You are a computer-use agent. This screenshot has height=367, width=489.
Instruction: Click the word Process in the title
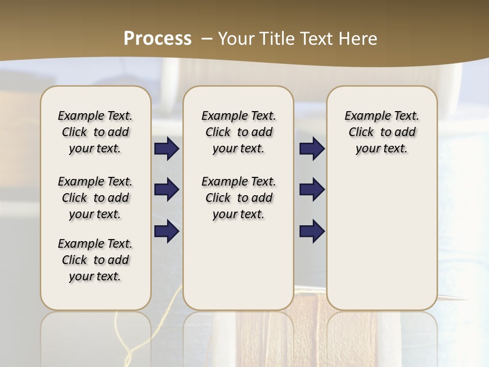157,39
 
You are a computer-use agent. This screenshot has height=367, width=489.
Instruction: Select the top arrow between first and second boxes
167,149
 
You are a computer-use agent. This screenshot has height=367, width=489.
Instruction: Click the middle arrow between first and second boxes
167,190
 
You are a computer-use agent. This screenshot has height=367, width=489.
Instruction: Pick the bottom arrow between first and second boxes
167,231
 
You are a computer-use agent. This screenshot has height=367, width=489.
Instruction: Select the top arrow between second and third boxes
312,149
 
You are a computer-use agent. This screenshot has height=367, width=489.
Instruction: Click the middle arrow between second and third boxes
312,190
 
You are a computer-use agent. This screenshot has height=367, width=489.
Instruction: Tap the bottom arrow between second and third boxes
312,231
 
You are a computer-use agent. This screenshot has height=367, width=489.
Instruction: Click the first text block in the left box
95,132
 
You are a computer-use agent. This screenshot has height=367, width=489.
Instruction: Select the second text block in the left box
95,198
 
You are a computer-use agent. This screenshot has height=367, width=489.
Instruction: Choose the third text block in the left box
95,260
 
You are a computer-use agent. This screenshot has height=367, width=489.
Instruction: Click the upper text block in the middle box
238,132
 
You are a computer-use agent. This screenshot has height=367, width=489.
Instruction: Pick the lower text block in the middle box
238,198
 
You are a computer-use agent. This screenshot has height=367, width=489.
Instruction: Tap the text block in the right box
382,132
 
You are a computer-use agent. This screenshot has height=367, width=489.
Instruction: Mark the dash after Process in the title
207,39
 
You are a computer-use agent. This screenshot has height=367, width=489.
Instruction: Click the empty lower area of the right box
382,240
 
